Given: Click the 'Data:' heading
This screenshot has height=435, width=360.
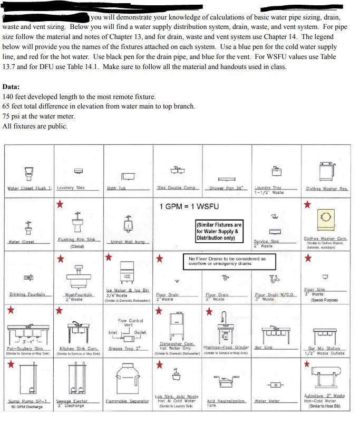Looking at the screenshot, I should click(11, 87).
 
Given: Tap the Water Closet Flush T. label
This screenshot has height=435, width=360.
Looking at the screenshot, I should click(28, 188).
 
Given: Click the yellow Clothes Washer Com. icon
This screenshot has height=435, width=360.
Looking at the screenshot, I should click(325, 216).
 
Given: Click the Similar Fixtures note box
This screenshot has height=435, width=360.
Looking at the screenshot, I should click(218, 231).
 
